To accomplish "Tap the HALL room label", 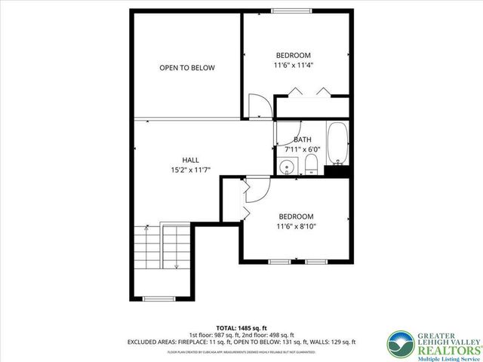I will (x=190, y=160).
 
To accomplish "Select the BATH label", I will (x=302, y=140).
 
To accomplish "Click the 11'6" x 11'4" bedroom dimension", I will (x=294, y=66).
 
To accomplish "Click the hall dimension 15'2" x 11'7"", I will (x=190, y=170).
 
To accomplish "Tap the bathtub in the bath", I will (x=337, y=144).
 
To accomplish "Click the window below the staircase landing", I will (x=158, y=299).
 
